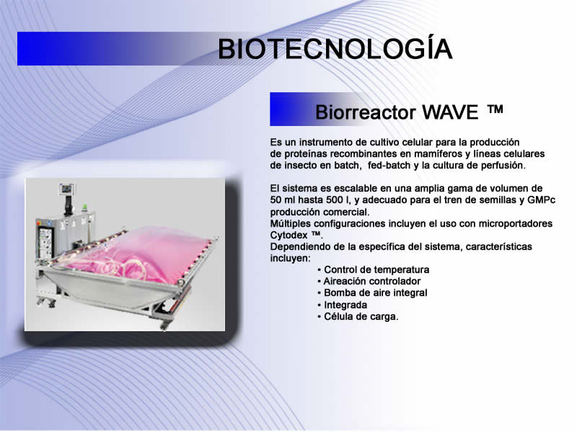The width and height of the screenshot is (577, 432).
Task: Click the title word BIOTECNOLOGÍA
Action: (x=335, y=48)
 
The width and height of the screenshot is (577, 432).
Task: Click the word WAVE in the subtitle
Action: (x=449, y=112)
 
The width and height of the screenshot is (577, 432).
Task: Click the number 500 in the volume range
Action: (x=335, y=200)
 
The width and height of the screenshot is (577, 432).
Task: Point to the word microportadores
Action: (x=515, y=224)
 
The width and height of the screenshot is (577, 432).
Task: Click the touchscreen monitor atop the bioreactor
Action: (x=67, y=189)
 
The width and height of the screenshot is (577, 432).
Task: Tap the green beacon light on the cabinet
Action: (x=84, y=207)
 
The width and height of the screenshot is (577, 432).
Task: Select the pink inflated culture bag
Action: (x=140, y=253)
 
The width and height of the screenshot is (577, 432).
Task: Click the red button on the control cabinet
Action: (x=38, y=222)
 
